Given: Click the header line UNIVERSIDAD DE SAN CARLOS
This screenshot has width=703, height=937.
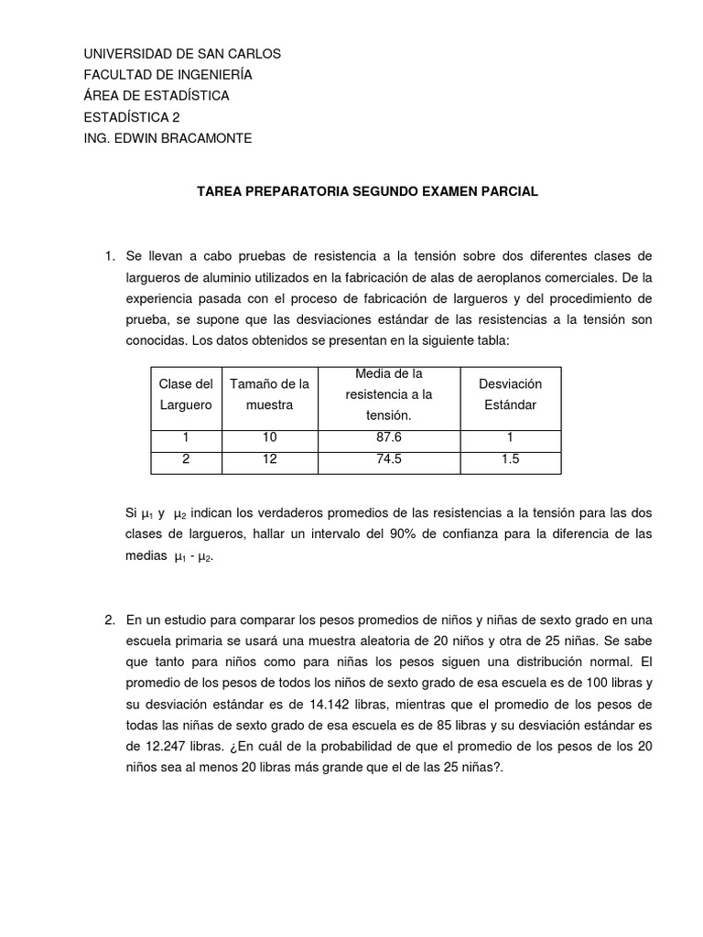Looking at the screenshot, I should [182, 54].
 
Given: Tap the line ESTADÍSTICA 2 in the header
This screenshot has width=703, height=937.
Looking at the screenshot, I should [132, 117].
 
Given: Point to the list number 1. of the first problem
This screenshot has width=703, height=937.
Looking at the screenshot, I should [110, 255].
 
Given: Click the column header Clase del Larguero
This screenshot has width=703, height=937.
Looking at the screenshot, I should [186, 394].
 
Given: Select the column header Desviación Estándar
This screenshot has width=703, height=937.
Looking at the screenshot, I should [510, 394].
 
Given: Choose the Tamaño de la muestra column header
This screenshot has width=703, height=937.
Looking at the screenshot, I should [269, 394].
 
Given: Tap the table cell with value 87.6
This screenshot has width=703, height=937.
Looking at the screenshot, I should [389, 437].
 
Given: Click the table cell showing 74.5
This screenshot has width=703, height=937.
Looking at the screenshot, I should [389, 459].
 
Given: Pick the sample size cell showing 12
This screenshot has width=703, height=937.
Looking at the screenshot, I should [269, 459].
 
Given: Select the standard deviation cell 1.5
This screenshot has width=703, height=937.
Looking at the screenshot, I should [510, 459].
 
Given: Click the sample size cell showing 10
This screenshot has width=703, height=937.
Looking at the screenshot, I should [269, 437].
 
